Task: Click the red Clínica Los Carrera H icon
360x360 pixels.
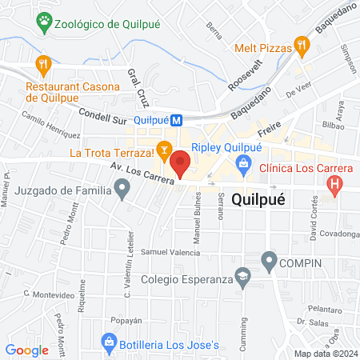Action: click(334, 186)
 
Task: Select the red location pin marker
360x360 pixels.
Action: click(181, 162)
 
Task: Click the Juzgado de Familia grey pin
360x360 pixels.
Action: click(122, 190)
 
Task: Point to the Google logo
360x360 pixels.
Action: click(27, 350)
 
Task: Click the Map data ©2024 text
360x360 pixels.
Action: click(326, 353)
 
